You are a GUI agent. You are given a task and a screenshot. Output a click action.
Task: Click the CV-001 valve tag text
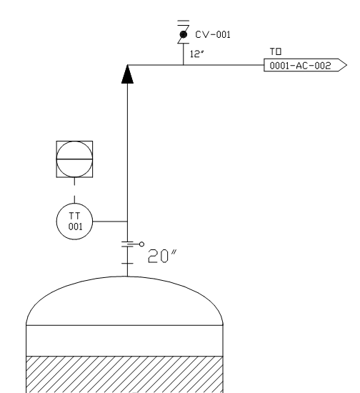213,34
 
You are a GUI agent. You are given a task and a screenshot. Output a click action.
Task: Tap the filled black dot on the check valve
183,34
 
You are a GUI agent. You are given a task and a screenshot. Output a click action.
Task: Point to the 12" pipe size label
197,54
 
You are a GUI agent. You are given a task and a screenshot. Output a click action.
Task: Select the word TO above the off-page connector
276,51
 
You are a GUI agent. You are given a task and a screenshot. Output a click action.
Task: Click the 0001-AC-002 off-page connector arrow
305,65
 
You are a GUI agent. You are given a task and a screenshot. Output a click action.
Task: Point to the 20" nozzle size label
162,256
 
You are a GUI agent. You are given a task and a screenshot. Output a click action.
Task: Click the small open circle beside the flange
141,244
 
